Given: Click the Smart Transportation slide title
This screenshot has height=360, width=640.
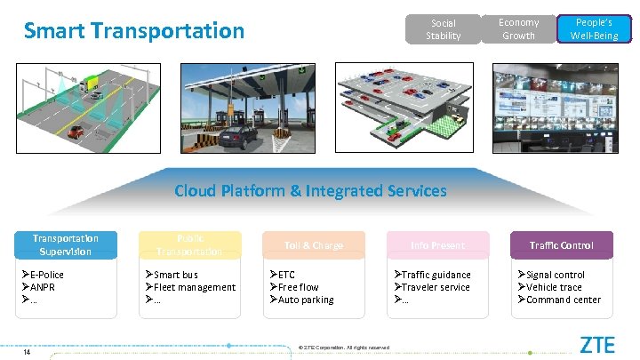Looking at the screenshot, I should pos(133,31).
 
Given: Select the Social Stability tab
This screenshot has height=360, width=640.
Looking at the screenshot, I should pos(443,29).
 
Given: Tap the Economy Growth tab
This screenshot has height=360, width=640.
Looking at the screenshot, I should pos(518,28).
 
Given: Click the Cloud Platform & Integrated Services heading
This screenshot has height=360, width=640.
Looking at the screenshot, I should pos(310,190).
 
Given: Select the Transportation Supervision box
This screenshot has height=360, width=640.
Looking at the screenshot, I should pos(66,244).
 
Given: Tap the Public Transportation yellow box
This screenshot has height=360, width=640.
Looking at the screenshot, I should pos(189,244).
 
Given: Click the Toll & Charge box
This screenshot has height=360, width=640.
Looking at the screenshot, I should pos(314,244).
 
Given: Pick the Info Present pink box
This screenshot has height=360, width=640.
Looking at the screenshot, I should pos(437,244).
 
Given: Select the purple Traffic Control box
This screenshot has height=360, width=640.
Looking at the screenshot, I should pos(561,244).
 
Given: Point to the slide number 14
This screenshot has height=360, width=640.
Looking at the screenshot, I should pos(28,351).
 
